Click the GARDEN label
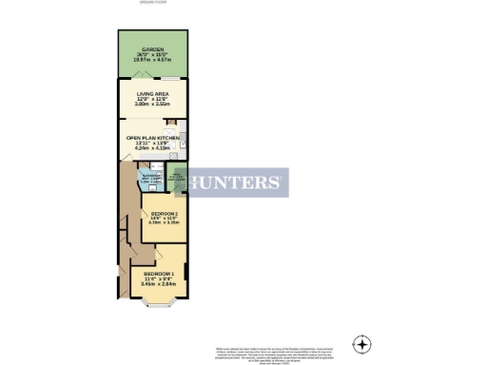pyautogui.click(x=152, y=48)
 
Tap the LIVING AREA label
pyautogui.click(x=152, y=94)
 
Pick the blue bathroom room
pyautogui.click(x=153, y=180)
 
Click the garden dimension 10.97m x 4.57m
pyautogui.click(x=152, y=59)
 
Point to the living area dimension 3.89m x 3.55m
pyautogui.click(x=152, y=106)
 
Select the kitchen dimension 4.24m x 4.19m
pyautogui.click(x=153, y=149)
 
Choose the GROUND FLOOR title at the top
pyautogui.click(x=153, y=4)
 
